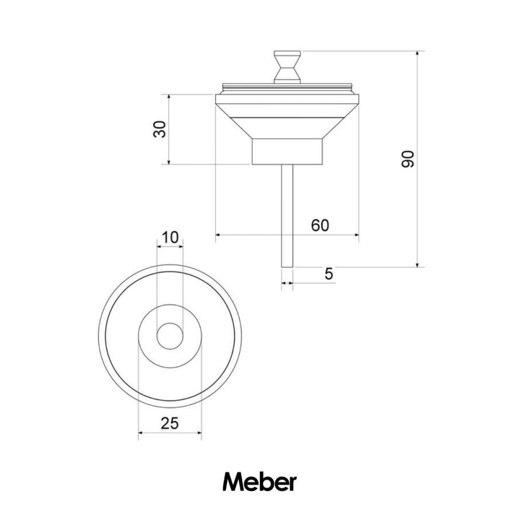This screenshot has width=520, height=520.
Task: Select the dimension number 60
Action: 320,225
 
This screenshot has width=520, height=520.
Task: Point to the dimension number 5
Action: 329,274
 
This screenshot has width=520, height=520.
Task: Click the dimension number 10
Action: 170,238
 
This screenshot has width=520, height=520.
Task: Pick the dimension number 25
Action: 170,423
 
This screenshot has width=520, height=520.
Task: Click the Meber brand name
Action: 259,482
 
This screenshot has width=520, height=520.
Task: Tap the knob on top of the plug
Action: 287,66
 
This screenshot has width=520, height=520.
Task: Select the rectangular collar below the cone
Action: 287,151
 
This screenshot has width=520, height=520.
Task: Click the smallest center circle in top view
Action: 170,336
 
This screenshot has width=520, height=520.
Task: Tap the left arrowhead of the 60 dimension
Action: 218,235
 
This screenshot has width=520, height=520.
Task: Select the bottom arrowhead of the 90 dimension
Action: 418,264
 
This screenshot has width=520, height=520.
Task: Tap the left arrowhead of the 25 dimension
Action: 141,433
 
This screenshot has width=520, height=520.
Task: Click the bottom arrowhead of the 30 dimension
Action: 169,161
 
